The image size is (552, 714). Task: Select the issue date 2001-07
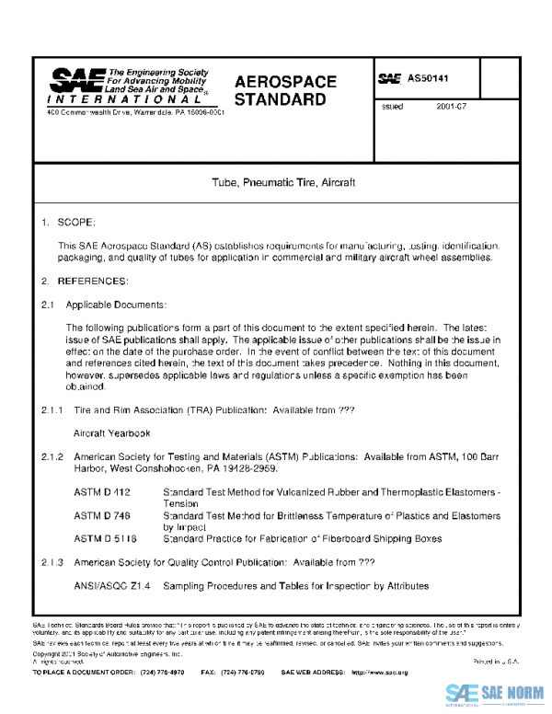[x=454, y=108]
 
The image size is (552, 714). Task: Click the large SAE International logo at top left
[x=78, y=83]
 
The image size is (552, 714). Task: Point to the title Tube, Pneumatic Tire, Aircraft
[x=277, y=183]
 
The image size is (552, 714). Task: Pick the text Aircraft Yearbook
[x=111, y=432]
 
